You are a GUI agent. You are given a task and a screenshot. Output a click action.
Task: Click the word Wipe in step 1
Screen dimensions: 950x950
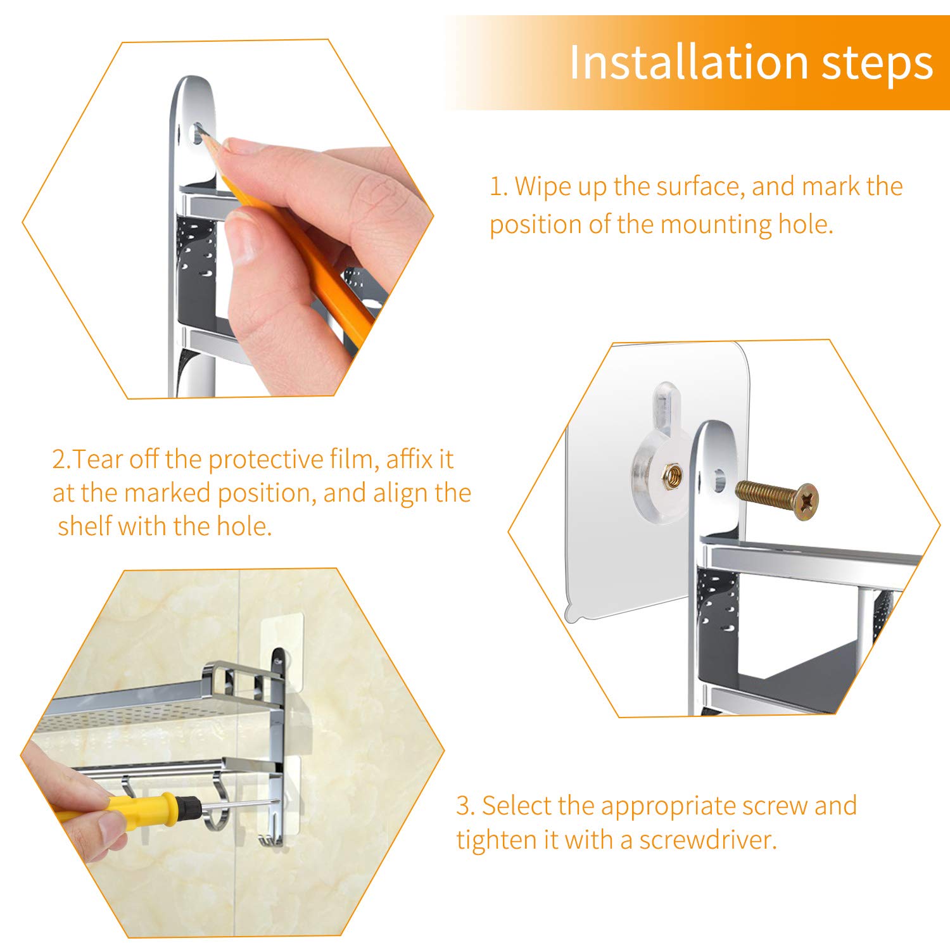pyautogui.click(x=543, y=186)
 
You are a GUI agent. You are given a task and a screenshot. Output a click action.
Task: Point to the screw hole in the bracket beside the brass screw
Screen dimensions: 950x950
pyautogui.click(x=719, y=481)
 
